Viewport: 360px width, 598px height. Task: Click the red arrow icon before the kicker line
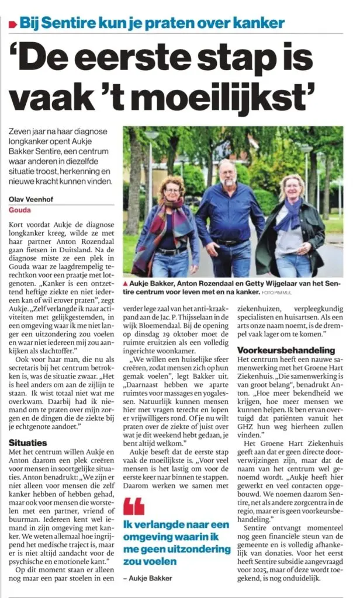coord(12,24)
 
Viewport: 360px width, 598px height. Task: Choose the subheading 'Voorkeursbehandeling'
coord(278,350)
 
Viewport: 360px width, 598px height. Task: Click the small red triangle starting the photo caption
coord(126,283)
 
